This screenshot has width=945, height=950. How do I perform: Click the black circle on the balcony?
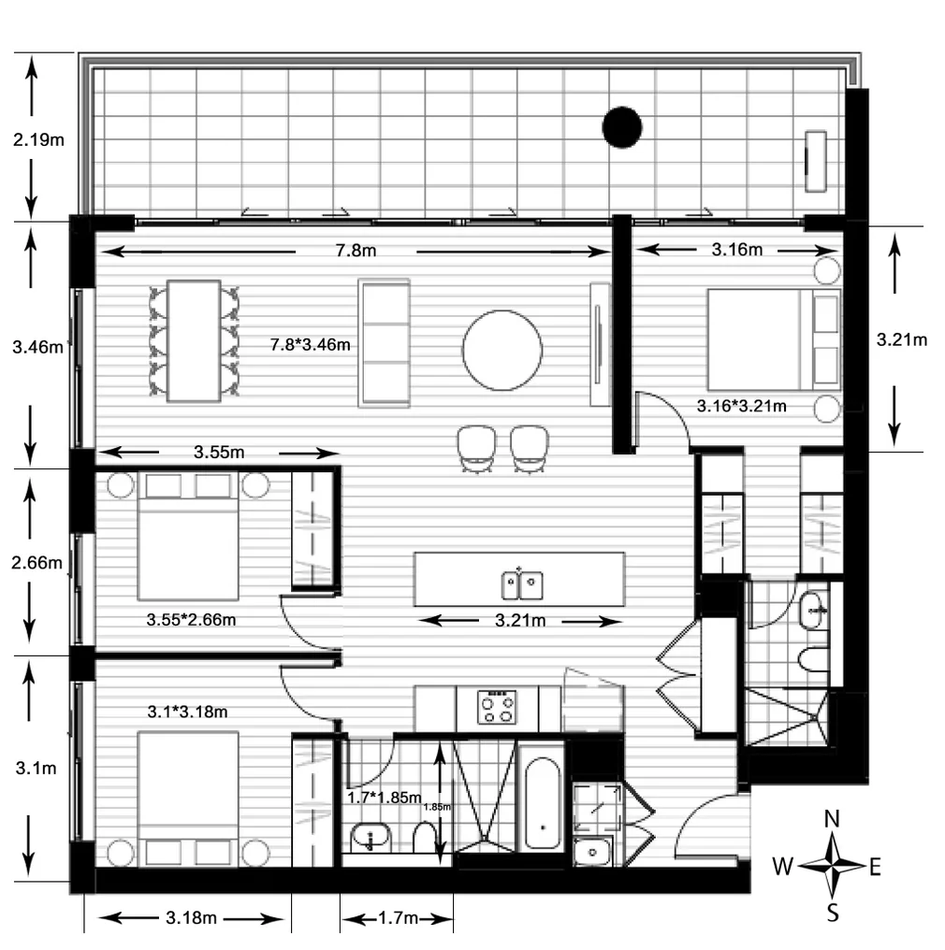tap(621, 127)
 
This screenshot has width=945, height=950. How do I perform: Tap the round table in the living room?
tap(502, 350)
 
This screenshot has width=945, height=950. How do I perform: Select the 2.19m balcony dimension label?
tap(38, 141)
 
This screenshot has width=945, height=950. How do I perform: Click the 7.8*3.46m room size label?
tap(311, 344)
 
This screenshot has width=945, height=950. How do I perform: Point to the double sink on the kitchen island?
tap(520, 585)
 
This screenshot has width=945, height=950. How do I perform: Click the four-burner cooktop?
tap(496, 707)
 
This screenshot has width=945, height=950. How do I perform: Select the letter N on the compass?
tap(831, 820)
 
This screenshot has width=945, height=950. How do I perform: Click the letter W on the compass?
tap(783, 867)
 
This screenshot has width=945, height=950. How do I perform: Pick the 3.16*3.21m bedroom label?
tap(742, 406)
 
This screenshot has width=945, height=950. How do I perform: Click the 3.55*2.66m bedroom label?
tap(191, 619)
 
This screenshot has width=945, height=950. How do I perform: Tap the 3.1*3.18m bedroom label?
tap(187, 712)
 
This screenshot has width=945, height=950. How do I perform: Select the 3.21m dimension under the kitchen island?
tap(519, 621)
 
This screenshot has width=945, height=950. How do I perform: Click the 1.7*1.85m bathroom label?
tap(383, 798)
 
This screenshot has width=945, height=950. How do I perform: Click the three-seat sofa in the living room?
tap(384, 342)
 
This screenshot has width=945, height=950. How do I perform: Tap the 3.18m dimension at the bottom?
tap(191, 918)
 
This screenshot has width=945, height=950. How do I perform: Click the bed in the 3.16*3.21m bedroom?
tap(760, 339)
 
